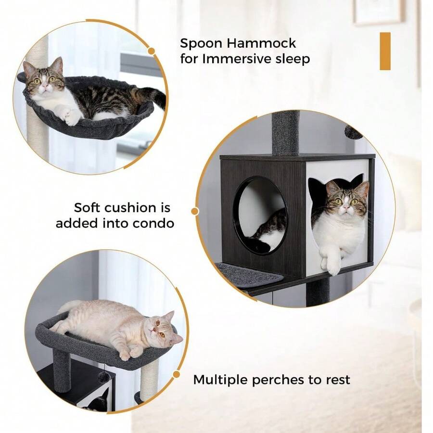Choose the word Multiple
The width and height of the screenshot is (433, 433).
coord(220,380)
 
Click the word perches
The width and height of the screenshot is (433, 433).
coord(281,380)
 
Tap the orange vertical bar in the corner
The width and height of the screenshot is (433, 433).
coord(385,51)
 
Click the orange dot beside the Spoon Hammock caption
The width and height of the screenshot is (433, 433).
coord(151,51)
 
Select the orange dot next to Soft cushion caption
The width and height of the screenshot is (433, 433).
coord(195,211)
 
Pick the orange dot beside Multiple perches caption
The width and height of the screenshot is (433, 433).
coord(177,374)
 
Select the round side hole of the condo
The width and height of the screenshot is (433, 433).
coord(260,214)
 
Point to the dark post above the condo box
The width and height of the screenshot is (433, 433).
coord(285,132)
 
